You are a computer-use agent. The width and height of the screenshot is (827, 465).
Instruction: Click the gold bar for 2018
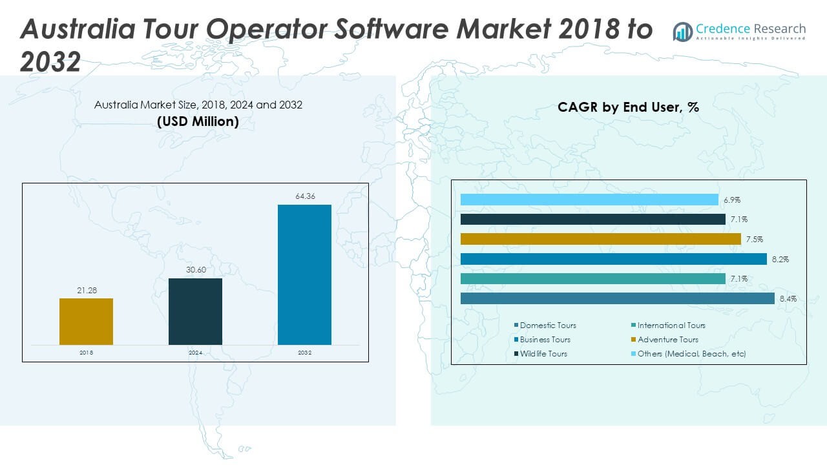click(86, 321)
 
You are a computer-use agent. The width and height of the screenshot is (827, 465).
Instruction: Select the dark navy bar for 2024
click(195, 311)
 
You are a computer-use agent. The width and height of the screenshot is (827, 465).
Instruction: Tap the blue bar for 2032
click(304, 274)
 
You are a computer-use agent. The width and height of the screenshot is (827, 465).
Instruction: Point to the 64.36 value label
click(304, 196)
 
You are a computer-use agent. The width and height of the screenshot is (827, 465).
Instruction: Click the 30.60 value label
click(195, 269)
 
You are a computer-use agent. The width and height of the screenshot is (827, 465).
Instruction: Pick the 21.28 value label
click(86, 291)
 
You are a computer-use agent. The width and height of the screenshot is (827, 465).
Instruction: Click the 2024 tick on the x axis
click(195, 353)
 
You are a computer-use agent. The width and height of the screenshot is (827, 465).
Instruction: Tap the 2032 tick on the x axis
click(304, 353)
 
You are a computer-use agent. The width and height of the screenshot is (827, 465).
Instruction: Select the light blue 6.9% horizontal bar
click(589, 200)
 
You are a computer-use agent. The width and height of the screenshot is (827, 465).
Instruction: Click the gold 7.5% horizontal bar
click(601, 239)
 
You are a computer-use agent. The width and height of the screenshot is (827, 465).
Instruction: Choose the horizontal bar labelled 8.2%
click(613, 259)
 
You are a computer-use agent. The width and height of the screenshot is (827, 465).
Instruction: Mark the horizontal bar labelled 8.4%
click(617, 298)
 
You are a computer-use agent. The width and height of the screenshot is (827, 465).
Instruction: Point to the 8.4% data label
click(788, 299)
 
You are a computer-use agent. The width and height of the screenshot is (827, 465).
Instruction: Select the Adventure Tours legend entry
click(667, 340)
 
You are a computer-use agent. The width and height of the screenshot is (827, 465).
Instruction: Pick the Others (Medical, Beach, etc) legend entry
click(691, 354)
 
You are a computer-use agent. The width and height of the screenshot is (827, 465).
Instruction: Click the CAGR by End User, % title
click(628, 107)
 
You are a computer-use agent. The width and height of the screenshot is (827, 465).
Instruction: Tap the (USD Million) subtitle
click(198, 121)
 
